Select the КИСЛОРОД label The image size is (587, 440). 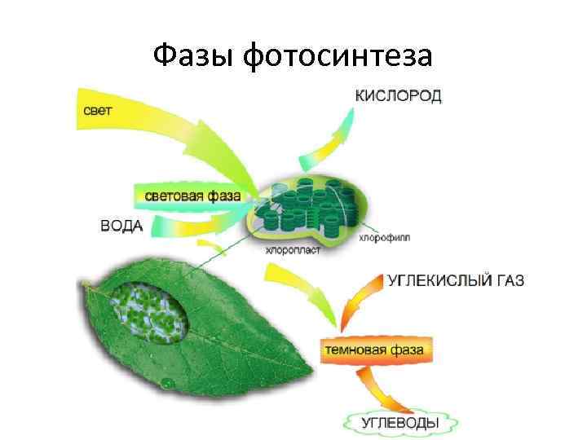tap(399, 96)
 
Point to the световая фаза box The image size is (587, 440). tap(192, 196)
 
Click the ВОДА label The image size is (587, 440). tap(121, 225)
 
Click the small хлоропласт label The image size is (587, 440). tap(293, 251)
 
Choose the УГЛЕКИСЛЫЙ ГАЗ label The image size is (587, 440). tap(455, 281)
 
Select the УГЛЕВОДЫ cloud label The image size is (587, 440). tap(399, 422)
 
